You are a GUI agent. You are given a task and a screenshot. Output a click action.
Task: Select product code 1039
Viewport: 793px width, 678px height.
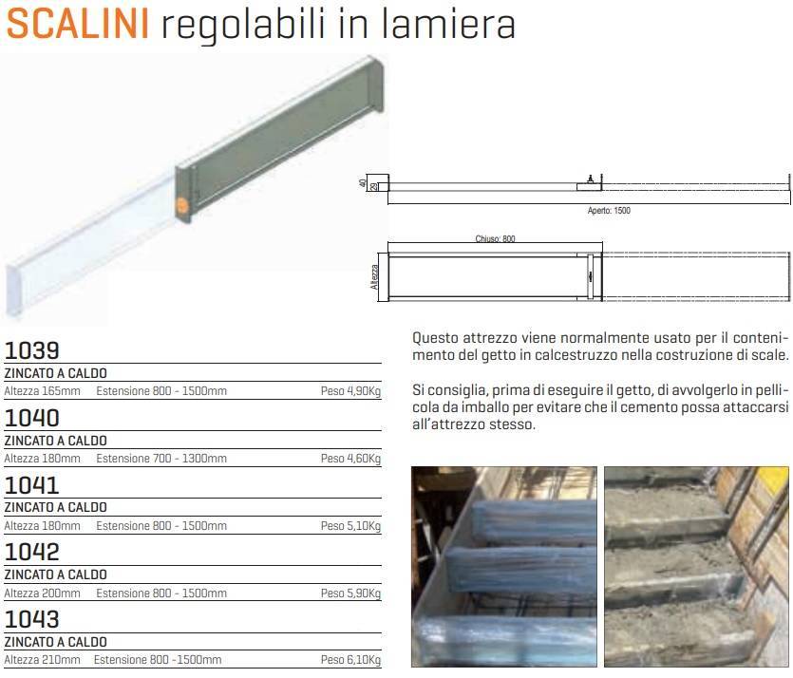[32, 350]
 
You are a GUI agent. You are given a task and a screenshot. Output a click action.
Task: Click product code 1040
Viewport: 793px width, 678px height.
[32, 418]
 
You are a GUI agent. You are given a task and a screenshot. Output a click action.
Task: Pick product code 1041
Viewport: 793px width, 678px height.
[32, 485]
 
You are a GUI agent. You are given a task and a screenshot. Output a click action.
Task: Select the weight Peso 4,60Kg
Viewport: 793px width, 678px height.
[350, 459]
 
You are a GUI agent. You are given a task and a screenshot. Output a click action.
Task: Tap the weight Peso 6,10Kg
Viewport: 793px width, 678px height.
[350, 660]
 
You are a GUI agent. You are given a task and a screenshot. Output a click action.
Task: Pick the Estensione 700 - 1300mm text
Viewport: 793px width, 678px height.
[161, 459]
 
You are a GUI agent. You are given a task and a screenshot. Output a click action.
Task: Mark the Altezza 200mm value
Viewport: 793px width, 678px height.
[43, 593]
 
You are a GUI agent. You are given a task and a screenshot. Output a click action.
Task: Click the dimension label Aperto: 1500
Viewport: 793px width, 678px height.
[608, 211]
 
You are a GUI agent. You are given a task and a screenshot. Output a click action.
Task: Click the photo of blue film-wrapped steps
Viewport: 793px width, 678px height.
[503, 566]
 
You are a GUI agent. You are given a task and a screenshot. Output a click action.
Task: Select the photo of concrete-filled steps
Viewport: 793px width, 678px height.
[697, 566]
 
